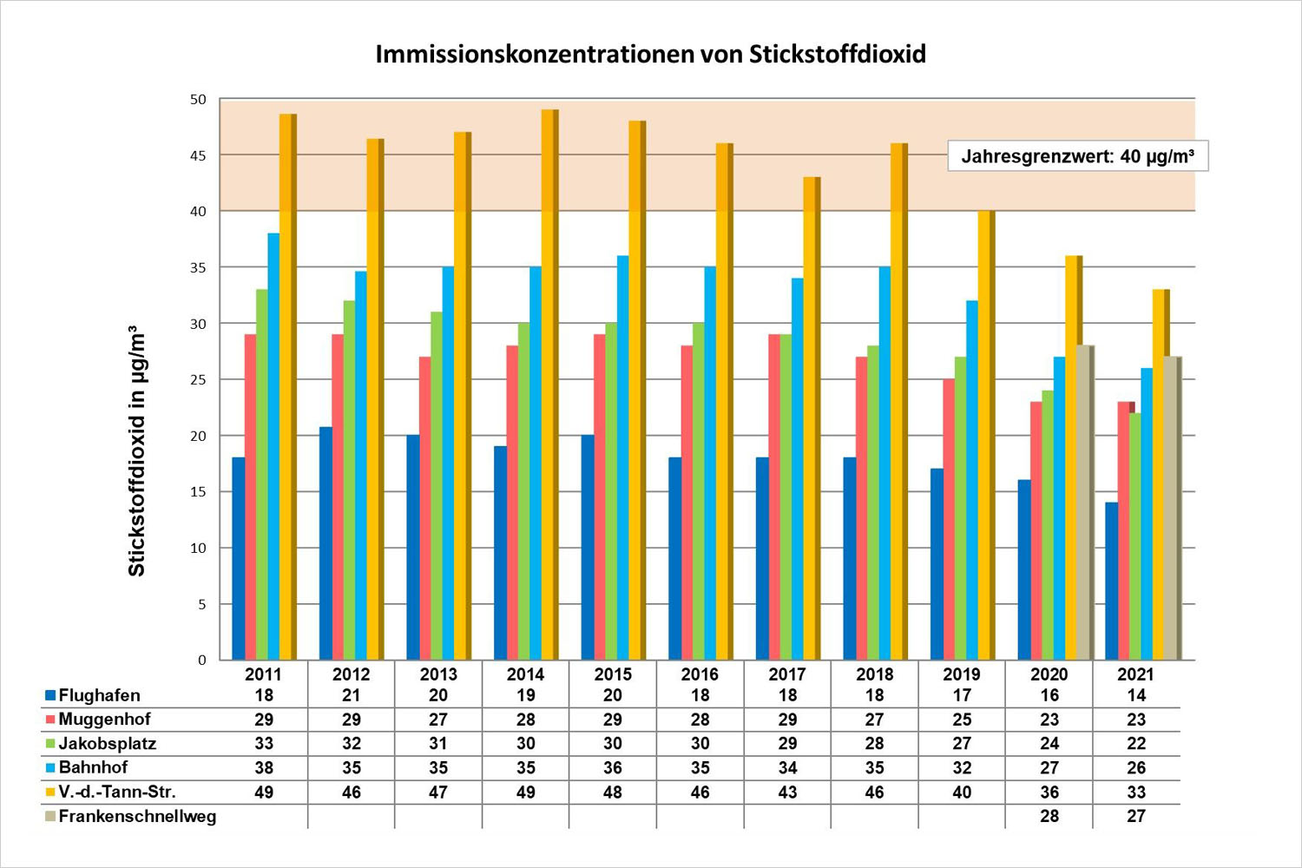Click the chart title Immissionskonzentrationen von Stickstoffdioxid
tap(650, 55)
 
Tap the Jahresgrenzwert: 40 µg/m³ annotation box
tap(1077, 156)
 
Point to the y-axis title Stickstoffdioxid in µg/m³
tap(137, 451)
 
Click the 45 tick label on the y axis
tap(199, 155)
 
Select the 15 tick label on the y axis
tap(199, 491)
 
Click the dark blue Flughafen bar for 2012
tap(325, 543)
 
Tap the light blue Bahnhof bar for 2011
tap(273, 446)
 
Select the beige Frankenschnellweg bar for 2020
tap(1084, 503)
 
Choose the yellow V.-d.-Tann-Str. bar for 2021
tap(1160, 474)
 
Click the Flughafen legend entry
tap(98, 695)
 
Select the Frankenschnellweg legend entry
tap(136, 816)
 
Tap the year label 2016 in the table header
tap(700, 674)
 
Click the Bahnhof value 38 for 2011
tap(264, 768)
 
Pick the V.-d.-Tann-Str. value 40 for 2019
tap(962, 792)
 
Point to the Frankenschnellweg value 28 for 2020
tap(1049, 816)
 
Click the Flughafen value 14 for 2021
tap(1136, 695)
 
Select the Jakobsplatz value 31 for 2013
tap(438, 744)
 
